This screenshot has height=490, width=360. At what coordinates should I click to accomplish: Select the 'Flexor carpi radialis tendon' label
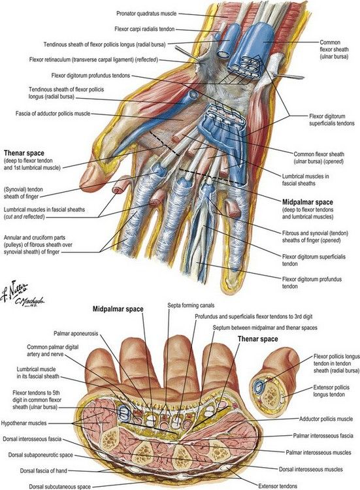click(144, 29)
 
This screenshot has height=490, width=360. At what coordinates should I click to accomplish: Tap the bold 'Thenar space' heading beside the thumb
click(24, 153)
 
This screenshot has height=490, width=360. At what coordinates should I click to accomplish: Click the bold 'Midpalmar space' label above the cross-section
click(118, 309)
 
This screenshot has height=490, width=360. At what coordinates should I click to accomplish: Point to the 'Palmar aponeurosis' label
click(76, 333)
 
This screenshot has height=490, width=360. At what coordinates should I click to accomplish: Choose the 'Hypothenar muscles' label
click(24, 423)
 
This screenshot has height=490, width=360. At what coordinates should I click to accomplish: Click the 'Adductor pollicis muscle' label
click(326, 419)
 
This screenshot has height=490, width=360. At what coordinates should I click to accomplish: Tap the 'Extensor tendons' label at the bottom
click(278, 485)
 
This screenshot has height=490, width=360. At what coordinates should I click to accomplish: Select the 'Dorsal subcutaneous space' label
click(59, 486)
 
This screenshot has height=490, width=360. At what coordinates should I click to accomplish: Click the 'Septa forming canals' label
click(191, 305)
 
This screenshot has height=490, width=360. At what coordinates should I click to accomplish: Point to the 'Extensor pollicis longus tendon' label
click(331, 391)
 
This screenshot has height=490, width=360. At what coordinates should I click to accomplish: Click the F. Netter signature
click(14, 290)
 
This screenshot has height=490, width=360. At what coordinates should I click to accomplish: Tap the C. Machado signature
click(29, 301)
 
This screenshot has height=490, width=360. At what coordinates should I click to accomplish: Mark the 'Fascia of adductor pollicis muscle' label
click(53, 114)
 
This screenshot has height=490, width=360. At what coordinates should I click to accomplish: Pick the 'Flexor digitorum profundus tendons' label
click(91, 75)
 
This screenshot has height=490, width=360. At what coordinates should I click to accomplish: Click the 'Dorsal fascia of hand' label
click(43, 470)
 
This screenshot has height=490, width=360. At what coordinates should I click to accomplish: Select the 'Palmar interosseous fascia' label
click(323, 435)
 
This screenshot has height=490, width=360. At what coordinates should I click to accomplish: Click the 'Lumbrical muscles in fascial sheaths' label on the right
click(305, 180)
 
